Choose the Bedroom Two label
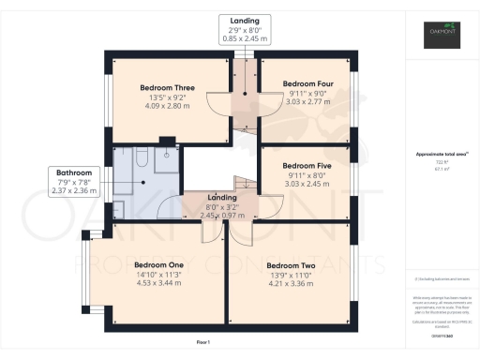290,266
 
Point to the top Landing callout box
246,29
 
